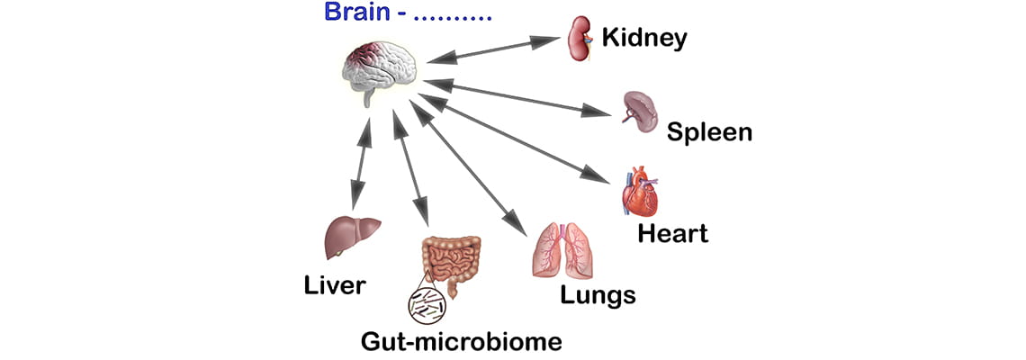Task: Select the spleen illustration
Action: click(641, 108)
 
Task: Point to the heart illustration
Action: click(640, 192)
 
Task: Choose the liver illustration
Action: click(349, 237)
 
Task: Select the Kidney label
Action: click(644, 38)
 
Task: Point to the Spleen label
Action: click(709, 132)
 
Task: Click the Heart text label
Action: click(672, 234)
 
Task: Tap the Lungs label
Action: click(598, 294)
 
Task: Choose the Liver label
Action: click(334, 286)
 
